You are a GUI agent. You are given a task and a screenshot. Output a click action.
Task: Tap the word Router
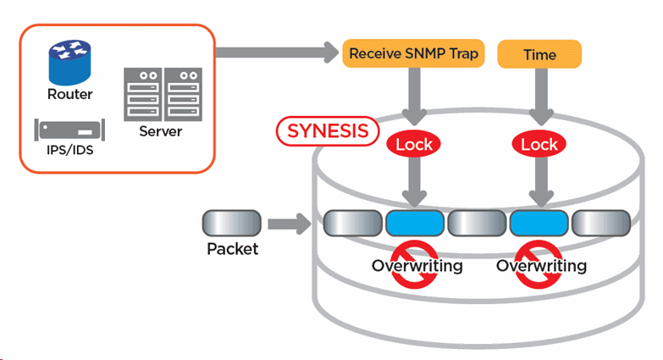pos(69,94)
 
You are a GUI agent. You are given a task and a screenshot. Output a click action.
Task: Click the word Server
pos(161,132)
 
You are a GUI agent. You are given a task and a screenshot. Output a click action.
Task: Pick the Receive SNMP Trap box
pos(414,54)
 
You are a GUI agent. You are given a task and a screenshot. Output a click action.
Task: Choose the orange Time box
pos(539,54)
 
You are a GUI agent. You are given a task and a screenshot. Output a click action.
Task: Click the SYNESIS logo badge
pos(327,130)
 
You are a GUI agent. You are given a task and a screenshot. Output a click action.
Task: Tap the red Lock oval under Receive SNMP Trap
pos(414,144)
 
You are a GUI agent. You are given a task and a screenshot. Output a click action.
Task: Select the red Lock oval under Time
pos(539,144)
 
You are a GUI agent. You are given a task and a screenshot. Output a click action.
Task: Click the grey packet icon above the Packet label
pos(229,224)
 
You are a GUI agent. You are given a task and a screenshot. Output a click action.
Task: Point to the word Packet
pos(232,250)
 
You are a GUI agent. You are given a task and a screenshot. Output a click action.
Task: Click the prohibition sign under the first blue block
pos(414,265)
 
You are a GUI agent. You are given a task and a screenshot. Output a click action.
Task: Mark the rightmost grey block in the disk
pos(600,224)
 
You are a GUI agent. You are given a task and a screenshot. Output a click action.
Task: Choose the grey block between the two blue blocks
pos(477,224)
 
